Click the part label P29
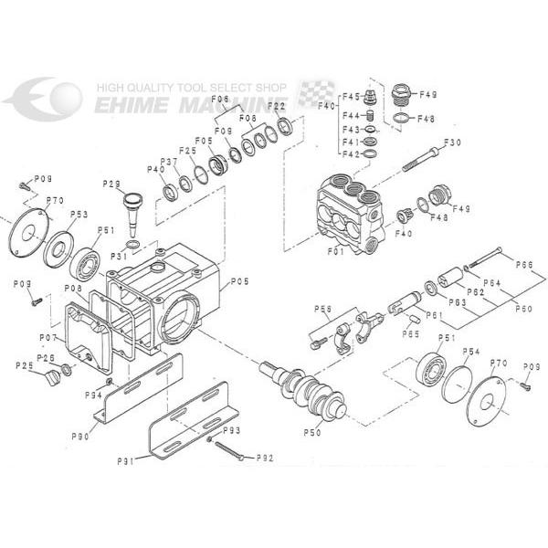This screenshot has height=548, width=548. [x=111, y=184]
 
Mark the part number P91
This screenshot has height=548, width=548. [x=125, y=462]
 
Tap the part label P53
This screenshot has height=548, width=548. [x=80, y=215]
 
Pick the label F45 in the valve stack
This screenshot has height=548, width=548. [x=351, y=97]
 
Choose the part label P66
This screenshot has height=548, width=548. [x=523, y=265]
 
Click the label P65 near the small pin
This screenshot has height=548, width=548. [x=412, y=333]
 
